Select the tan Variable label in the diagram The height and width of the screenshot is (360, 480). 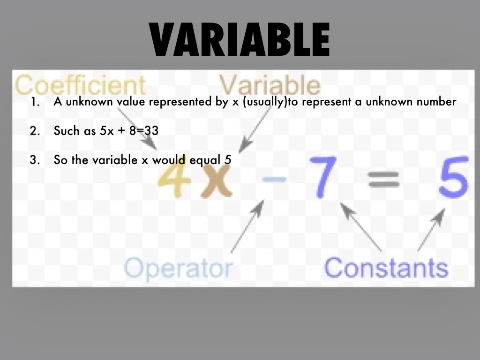[270, 85]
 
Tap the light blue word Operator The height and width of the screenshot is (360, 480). [179, 268]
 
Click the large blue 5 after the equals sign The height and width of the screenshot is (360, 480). [453, 177]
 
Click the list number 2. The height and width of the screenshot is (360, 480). [34, 131]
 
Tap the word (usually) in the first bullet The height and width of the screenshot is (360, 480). [264, 102]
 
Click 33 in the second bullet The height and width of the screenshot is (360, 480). [151, 131]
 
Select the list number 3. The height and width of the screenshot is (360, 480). [34, 160]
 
